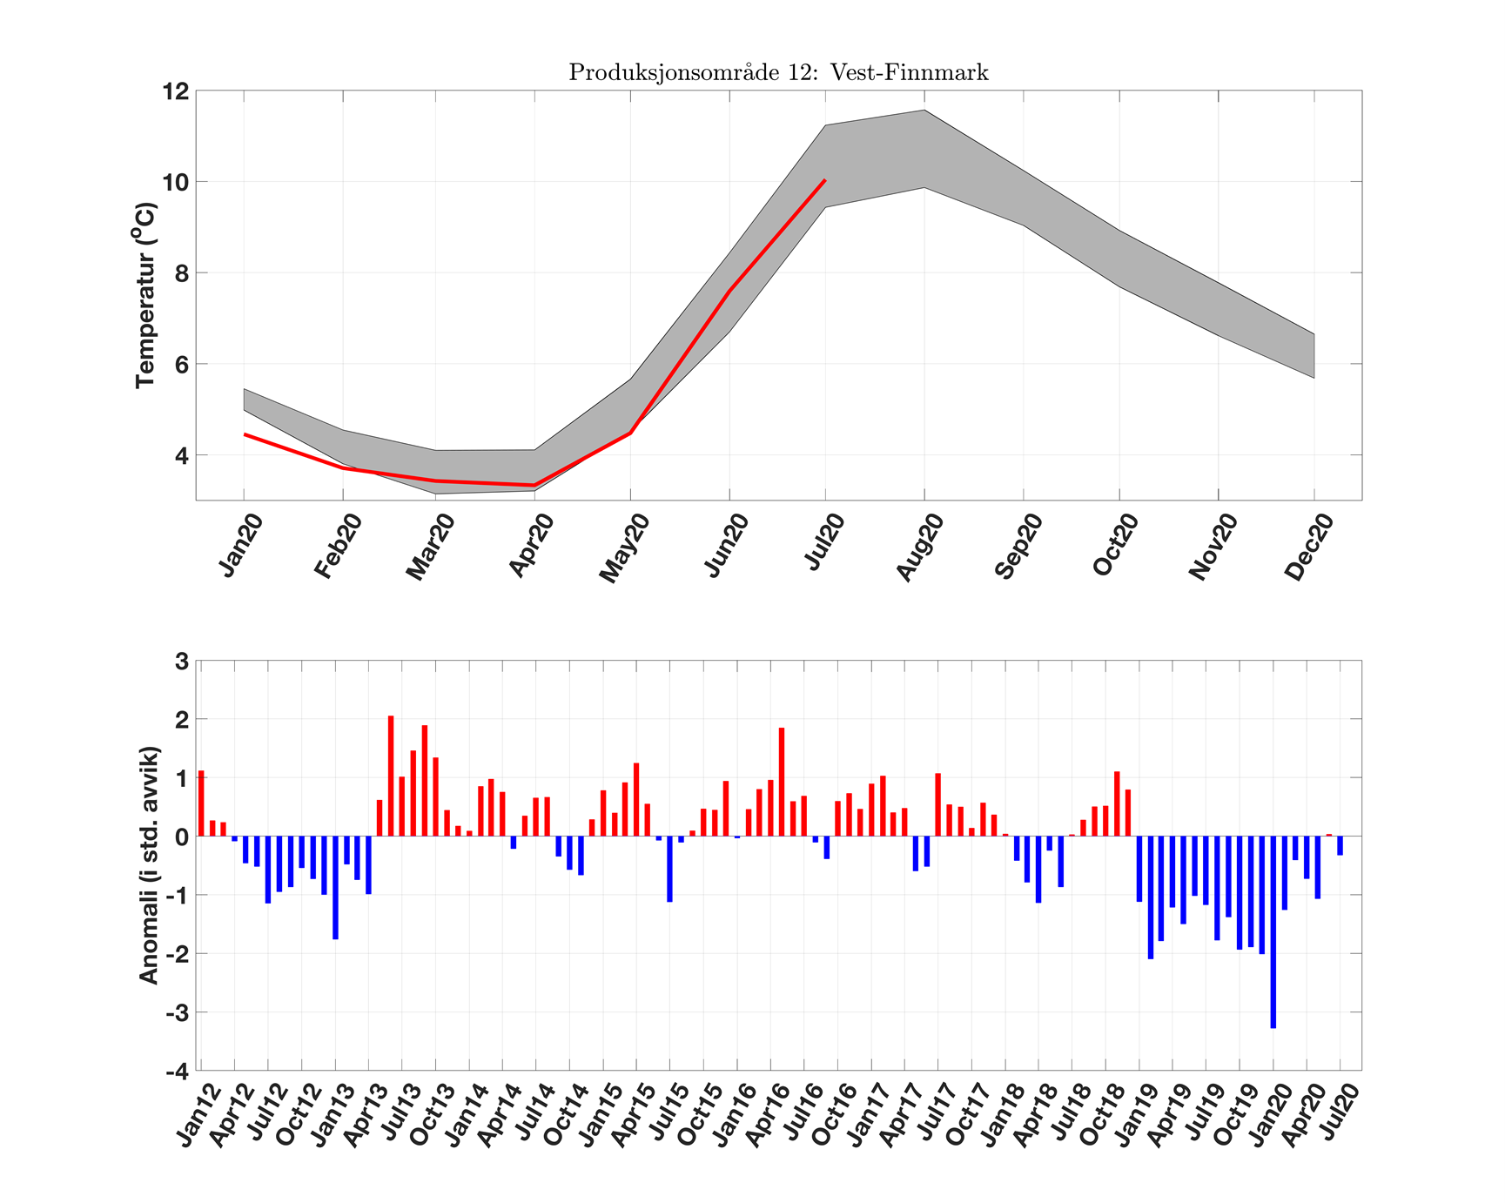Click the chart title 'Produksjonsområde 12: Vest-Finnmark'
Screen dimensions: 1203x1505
[x=778, y=72]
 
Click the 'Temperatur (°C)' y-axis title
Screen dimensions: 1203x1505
[x=145, y=295]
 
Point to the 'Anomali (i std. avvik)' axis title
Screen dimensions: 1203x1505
[x=149, y=865]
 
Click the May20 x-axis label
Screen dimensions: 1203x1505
[x=625, y=548]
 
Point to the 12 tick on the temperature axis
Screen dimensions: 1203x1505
[x=176, y=91]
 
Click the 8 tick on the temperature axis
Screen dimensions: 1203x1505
[x=181, y=273]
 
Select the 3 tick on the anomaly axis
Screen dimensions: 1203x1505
[x=182, y=662]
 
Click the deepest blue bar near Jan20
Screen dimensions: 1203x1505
[x=1273, y=931]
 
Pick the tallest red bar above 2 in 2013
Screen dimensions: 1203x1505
[x=391, y=776]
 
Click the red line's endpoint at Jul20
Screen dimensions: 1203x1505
[x=824, y=180]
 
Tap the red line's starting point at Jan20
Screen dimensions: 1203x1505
[x=245, y=434]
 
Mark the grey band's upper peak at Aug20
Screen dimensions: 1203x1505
[x=924, y=111]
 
